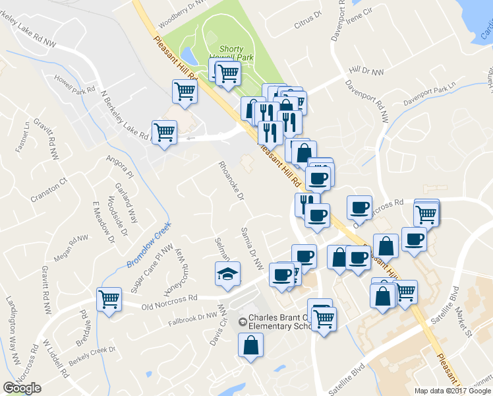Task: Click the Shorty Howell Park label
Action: (x=231, y=53)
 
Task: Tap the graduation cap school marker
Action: (x=228, y=274)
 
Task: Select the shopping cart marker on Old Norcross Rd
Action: (x=109, y=298)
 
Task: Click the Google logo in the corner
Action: (x=22, y=388)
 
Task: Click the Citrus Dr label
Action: (x=308, y=22)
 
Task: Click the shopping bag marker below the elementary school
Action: (x=251, y=345)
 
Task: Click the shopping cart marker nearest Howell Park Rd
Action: (x=185, y=92)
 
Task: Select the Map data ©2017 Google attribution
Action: (x=452, y=391)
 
